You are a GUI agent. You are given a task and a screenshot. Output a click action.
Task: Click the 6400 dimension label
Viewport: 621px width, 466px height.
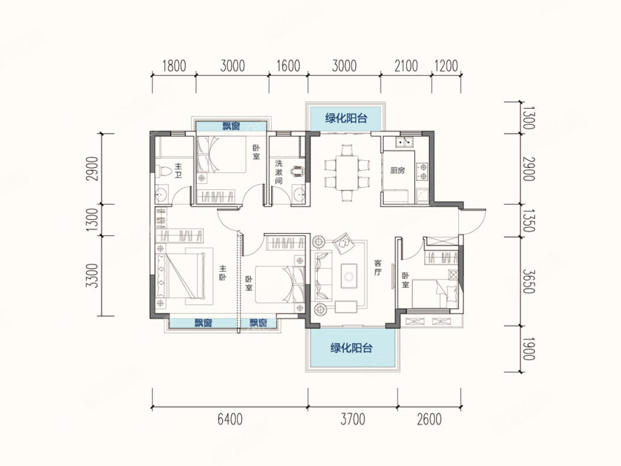230,419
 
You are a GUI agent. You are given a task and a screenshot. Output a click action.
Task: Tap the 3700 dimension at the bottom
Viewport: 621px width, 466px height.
352,419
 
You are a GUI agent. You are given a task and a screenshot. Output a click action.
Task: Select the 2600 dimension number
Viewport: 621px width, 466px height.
429,419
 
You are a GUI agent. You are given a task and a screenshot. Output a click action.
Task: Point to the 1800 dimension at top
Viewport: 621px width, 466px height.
174,66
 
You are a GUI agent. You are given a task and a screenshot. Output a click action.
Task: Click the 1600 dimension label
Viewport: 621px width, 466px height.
288,66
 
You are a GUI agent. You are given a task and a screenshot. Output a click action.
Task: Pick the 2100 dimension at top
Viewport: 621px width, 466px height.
406,66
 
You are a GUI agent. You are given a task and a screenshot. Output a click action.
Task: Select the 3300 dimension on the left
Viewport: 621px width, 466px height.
92,276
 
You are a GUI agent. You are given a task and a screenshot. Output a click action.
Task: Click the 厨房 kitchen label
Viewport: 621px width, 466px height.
397,171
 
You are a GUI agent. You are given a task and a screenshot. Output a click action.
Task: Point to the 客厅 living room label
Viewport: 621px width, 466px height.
378,268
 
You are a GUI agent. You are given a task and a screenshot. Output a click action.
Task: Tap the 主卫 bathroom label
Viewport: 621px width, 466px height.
178,170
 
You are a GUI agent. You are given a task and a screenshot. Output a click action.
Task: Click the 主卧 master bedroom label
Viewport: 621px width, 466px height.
222,273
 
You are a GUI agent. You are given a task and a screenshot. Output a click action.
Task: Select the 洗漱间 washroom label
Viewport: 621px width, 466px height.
279,172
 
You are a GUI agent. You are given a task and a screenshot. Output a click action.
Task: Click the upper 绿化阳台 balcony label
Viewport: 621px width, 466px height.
346,118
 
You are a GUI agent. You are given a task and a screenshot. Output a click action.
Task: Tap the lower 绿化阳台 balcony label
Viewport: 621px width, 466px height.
351,348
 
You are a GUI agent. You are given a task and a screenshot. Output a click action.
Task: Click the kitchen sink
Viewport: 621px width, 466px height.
405,142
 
